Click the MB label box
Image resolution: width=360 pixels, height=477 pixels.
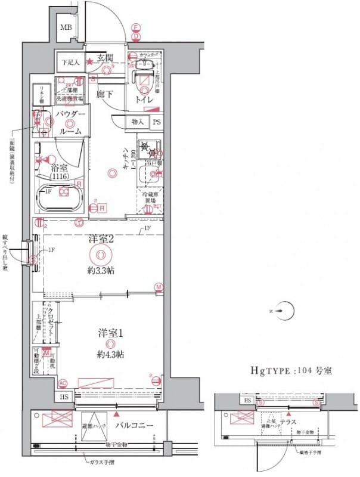(x=66, y=28)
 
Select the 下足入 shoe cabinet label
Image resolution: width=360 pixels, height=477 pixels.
(x=72, y=61)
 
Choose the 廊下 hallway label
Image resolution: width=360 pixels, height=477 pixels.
(x=106, y=93)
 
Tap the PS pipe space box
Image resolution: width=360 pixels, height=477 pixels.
(x=157, y=122)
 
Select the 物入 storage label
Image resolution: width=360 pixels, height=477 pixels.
(x=136, y=122)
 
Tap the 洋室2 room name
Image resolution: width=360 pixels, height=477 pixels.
(x=101, y=238)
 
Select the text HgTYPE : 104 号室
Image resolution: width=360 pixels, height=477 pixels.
(x=290, y=370)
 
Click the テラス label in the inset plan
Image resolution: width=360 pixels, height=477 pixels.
(x=290, y=421)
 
